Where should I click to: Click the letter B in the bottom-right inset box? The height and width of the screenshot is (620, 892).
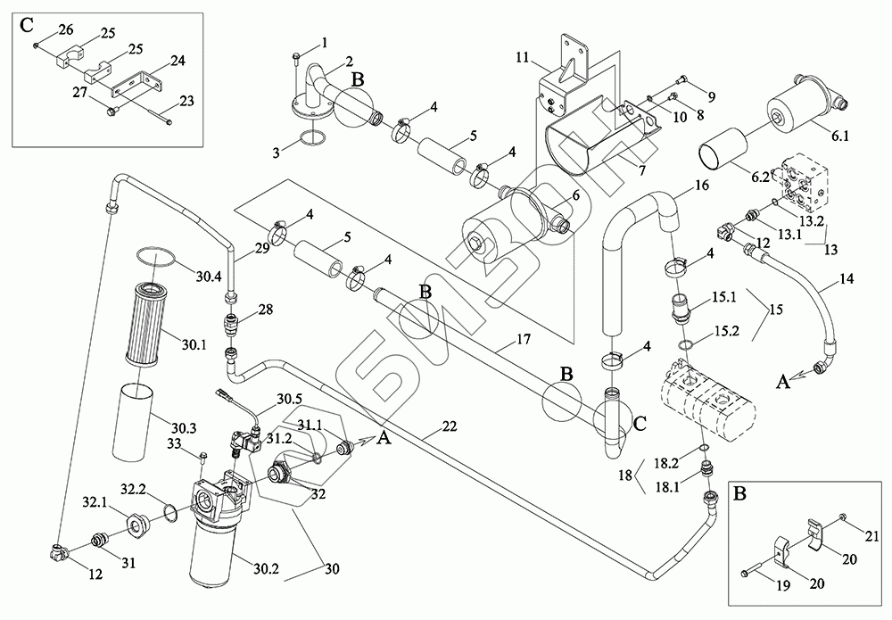[739, 492]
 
